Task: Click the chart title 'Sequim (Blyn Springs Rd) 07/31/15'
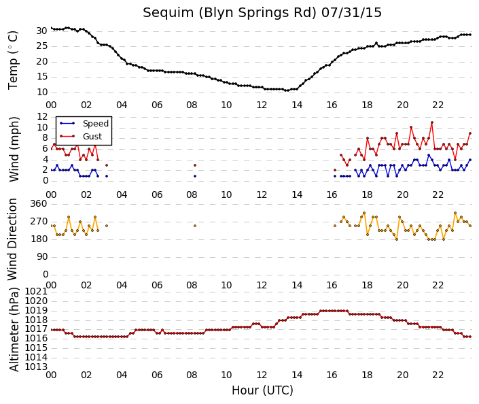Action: (x=262, y=13)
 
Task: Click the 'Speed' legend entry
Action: (x=96, y=124)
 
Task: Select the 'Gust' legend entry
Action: (x=92, y=137)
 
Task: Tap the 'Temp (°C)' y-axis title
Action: (x=13, y=61)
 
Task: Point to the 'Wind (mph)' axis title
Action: (x=14, y=149)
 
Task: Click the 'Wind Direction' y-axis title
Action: (x=12, y=239)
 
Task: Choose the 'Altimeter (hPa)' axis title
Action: (x=14, y=329)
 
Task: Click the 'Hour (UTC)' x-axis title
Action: (x=262, y=390)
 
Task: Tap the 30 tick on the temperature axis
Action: (x=41, y=31)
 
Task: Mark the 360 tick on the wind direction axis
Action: (x=39, y=204)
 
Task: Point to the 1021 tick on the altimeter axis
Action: (x=36, y=291)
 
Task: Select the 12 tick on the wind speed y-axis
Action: (x=42, y=116)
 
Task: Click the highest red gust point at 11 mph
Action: (x=432, y=122)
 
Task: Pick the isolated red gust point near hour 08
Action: (x=195, y=165)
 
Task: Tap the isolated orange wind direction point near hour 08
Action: (x=195, y=226)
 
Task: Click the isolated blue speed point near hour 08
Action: (x=195, y=176)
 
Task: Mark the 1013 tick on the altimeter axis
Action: (x=36, y=367)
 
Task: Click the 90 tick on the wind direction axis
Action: (x=41, y=257)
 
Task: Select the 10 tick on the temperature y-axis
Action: (x=41, y=92)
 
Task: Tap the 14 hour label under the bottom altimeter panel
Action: (x=297, y=375)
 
